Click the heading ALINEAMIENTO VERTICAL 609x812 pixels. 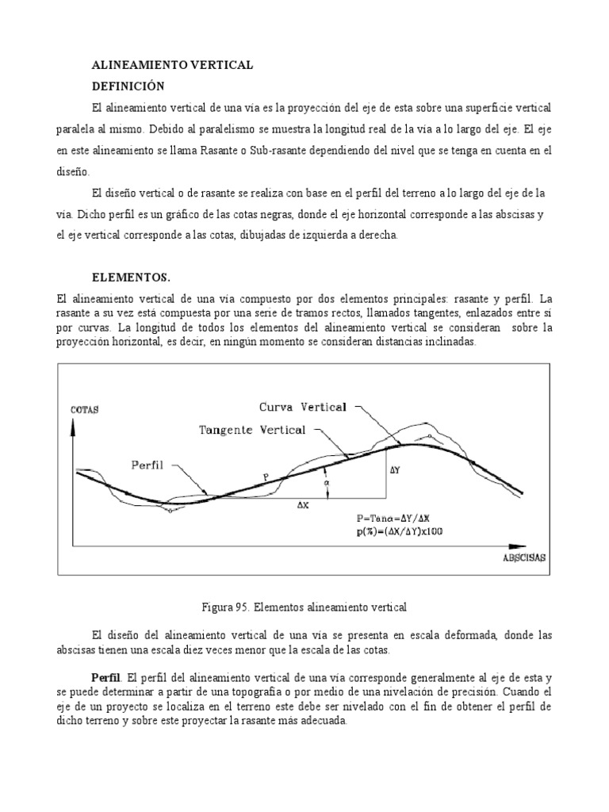click(x=173, y=67)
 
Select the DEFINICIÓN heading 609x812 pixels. click(x=130, y=86)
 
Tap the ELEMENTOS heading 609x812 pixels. click(x=132, y=277)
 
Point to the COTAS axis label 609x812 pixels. click(x=85, y=410)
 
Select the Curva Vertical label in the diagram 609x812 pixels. click(x=303, y=407)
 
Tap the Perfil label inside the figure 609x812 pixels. click(x=147, y=465)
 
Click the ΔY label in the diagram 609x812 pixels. click(x=397, y=469)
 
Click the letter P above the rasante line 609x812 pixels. click(x=266, y=476)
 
